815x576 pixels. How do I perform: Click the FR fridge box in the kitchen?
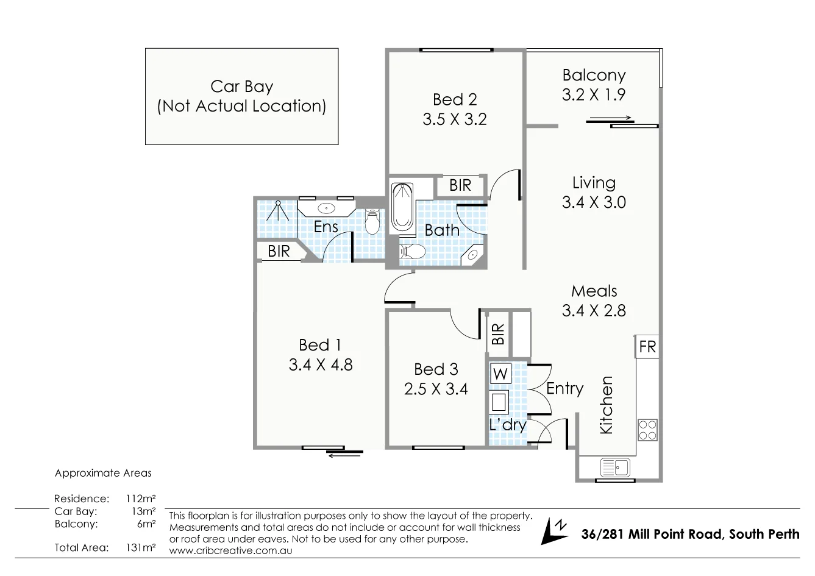click(647, 347)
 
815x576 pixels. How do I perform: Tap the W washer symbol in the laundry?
click(500, 374)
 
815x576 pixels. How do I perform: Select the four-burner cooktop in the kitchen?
click(647, 430)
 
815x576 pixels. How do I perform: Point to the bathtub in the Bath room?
click(402, 207)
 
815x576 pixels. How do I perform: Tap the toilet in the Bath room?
click(413, 251)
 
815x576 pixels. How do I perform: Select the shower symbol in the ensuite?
click(278, 211)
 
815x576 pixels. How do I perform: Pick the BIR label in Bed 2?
click(460, 185)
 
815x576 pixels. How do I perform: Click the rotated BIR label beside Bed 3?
click(498, 334)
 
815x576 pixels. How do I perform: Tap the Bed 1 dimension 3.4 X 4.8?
click(321, 364)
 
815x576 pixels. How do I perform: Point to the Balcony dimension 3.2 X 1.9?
click(594, 94)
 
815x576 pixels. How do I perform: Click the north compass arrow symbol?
click(554, 531)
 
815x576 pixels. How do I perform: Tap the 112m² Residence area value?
click(140, 499)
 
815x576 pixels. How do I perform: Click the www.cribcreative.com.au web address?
click(230, 550)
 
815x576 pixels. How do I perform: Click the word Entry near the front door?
click(564, 388)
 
